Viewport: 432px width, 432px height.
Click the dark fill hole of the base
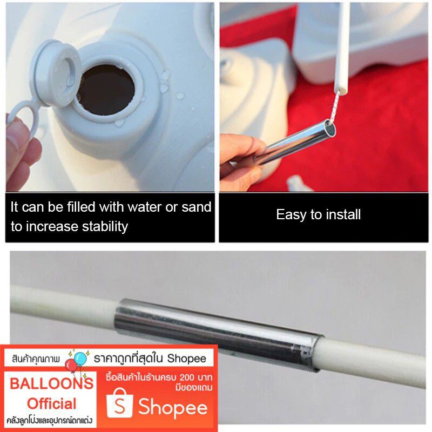tap(106, 90)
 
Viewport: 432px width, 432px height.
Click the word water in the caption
tap(145, 207)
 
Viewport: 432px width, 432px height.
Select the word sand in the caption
tap(197, 207)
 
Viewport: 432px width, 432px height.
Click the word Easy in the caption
tap(292, 215)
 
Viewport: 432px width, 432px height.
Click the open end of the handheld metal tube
tap(330, 127)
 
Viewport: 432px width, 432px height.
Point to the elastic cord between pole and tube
tap(334, 107)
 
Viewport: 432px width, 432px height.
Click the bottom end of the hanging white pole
tap(341, 91)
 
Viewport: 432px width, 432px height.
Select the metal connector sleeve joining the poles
tap(219, 335)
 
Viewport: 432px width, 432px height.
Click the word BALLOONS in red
tap(51, 383)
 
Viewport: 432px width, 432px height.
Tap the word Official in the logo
tap(51, 404)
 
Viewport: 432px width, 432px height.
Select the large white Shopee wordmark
tap(173, 408)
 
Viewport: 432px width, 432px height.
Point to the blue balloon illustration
tap(80, 359)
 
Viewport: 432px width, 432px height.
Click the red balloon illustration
tap(71, 366)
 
